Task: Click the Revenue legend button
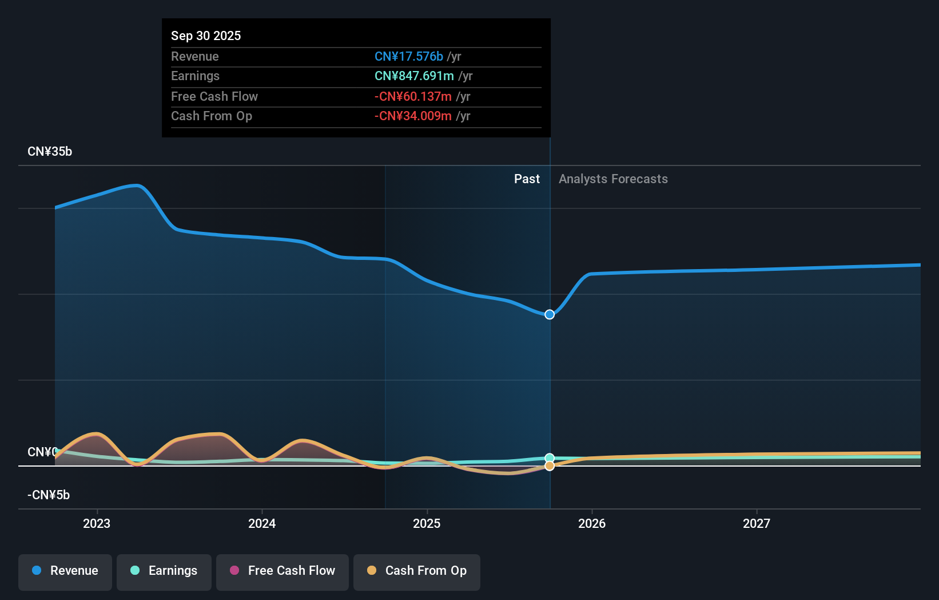[x=65, y=571]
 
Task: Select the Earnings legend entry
[x=164, y=571]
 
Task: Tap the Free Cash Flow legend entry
[x=283, y=571]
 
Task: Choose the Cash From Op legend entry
[x=417, y=571]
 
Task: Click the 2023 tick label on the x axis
[x=97, y=523]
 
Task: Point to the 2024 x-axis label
[x=262, y=523]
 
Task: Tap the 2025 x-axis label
[x=427, y=523]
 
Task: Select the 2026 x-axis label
[x=592, y=523]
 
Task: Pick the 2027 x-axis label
[x=757, y=523]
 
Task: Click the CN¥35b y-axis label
[x=50, y=152]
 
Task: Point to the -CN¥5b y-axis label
[x=49, y=495]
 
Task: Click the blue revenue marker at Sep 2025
[x=550, y=314]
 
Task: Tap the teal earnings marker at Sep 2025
[x=550, y=458]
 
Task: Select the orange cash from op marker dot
[x=550, y=466]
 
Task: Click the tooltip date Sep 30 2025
[x=206, y=35]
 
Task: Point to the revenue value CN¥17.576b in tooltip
[x=408, y=56]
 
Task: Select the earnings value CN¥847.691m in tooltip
[x=414, y=76]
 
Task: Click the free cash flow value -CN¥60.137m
[x=413, y=96]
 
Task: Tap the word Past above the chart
[x=527, y=179]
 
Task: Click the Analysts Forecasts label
[x=613, y=179]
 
